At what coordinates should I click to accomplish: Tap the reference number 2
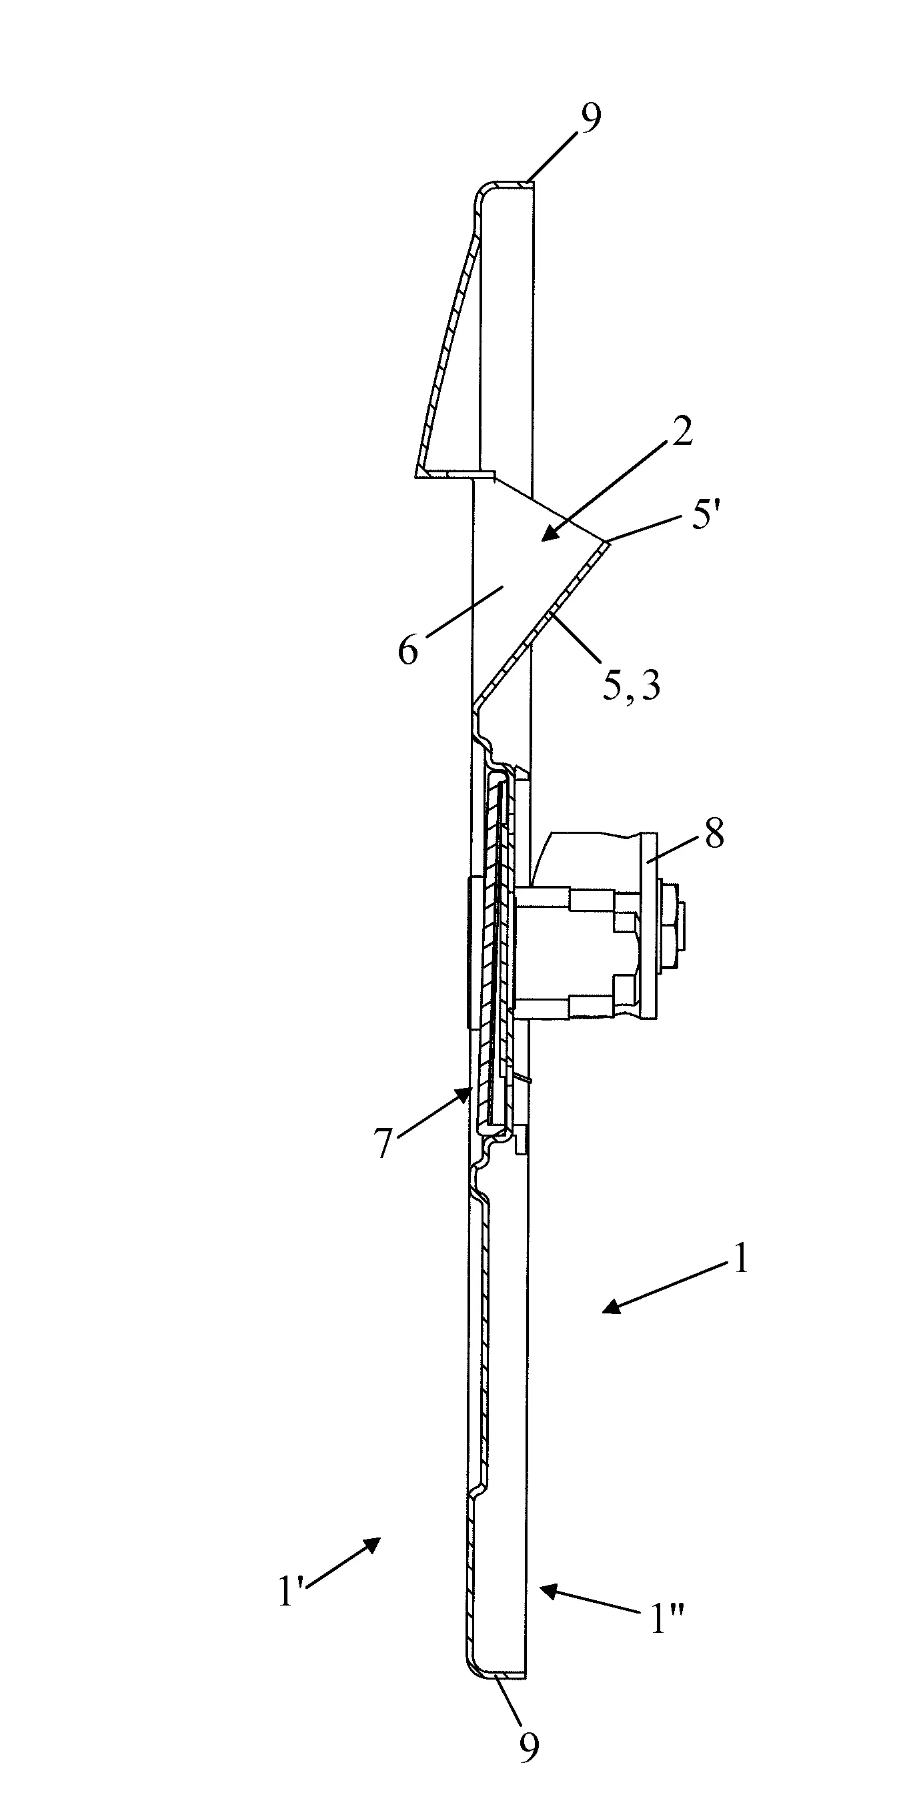point(681,433)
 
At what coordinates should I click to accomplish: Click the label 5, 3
point(632,684)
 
